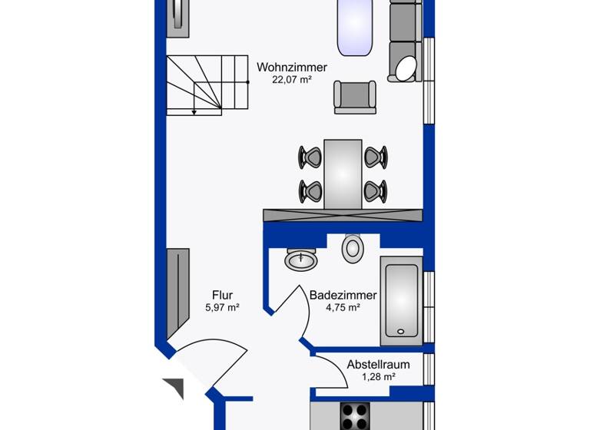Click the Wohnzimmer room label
point(292,68)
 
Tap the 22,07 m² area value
point(292,80)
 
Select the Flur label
point(223,295)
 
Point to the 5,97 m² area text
point(223,307)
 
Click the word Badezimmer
point(343,295)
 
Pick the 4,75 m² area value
point(343,307)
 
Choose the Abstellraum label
point(378,365)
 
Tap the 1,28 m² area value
point(378,377)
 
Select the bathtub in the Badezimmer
point(401,299)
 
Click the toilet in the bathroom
point(353,246)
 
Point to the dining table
point(343,174)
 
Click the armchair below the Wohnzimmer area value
point(355,97)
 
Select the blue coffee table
point(354,27)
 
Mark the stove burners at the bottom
point(356,417)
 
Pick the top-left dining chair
point(310,157)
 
